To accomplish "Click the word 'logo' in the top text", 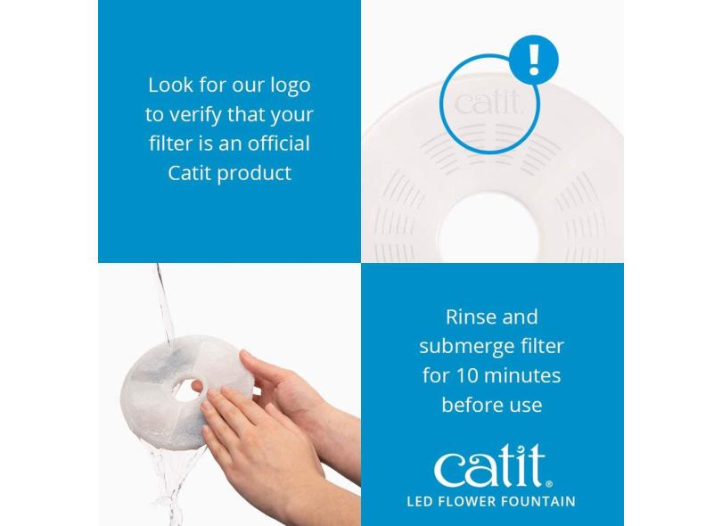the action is pyautogui.click(x=290, y=86).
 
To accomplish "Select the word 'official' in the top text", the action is pyautogui.click(x=279, y=144).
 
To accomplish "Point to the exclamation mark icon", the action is pyautogui.click(x=534, y=59).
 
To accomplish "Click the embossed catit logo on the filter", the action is pyautogui.click(x=488, y=103).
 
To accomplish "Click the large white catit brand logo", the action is pyautogui.click(x=493, y=466).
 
